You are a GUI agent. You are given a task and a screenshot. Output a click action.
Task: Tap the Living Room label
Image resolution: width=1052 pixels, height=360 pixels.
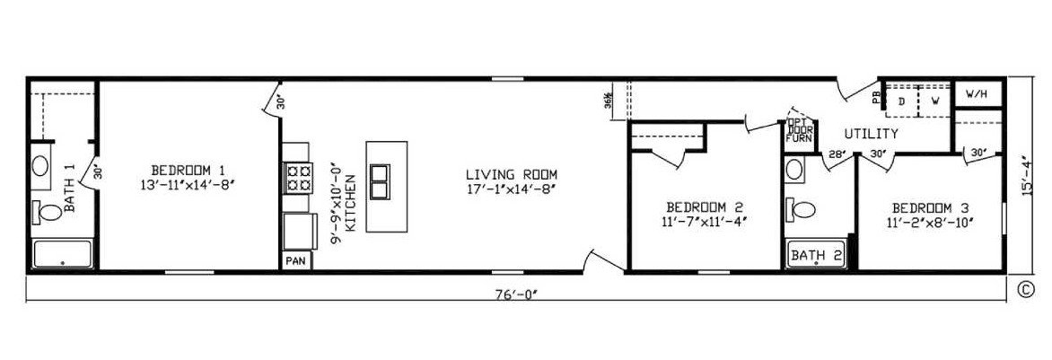coord(512,174)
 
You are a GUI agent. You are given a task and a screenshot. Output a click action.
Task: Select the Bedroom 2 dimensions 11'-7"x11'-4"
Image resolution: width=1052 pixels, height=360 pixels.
coord(704,220)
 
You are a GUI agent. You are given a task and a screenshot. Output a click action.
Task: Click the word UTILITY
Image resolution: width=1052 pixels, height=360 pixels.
coord(871,134)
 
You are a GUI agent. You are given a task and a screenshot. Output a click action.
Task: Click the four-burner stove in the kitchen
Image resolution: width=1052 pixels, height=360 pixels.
coord(299,177)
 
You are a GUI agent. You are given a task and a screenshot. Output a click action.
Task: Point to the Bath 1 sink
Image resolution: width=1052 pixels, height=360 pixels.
coord(41,166)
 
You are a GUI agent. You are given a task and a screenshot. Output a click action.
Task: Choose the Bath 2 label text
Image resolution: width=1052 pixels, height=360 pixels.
coord(815,256)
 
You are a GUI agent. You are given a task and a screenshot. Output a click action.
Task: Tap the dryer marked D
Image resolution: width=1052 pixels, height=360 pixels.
coord(902,101)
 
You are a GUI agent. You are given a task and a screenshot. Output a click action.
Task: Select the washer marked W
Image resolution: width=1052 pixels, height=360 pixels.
coord(934,101)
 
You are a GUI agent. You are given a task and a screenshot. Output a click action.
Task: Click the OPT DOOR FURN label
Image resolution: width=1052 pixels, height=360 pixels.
coord(799,130)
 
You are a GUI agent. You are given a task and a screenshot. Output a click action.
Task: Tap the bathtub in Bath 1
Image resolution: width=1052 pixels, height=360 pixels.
coord(63,254)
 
